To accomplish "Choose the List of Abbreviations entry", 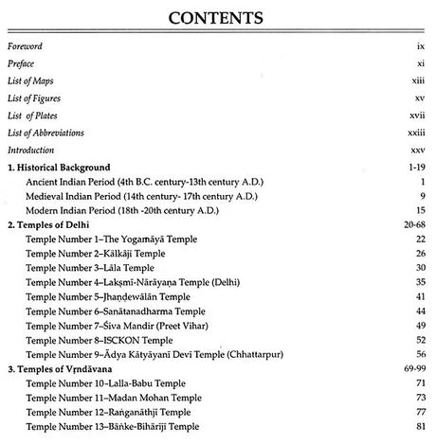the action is click(45, 133).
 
